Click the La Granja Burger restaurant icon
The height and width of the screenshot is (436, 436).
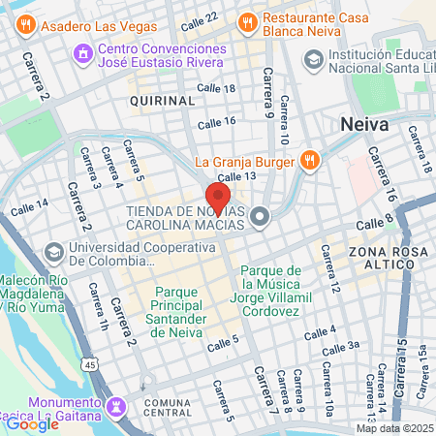(x=309, y=161)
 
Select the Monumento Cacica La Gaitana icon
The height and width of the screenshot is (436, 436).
(x=117, y=403)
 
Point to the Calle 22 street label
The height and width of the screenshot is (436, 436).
(x=200, y=17)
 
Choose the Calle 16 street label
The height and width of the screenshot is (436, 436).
(x=215, y=122)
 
